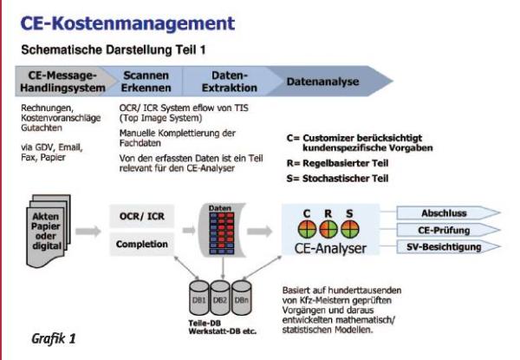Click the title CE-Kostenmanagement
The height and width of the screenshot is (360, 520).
coord(118,18)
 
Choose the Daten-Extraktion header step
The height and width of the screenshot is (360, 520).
coord(228,82)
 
